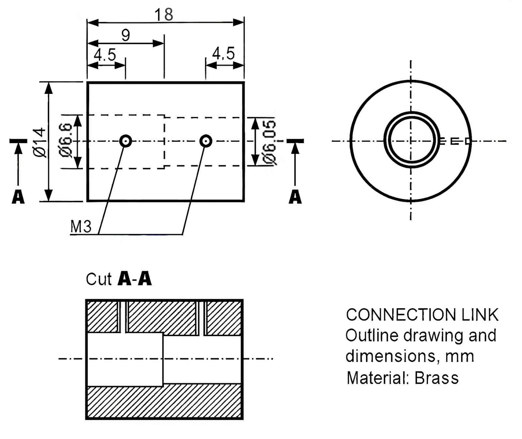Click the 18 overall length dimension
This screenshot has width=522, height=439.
point(164,15)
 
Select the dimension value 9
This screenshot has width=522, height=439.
point(126,35)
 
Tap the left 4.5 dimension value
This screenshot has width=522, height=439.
point(105,55)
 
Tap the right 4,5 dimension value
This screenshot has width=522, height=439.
point(223,53)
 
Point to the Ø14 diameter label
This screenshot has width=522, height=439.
point(40,143)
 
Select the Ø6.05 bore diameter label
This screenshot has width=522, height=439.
point(270,142)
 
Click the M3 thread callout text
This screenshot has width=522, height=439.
point(81,227)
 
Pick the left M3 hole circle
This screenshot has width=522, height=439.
point(126,141)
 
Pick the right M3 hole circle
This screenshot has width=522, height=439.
point(206,141)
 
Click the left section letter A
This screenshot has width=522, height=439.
point(18,197)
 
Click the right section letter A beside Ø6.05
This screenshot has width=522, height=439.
point(295,197)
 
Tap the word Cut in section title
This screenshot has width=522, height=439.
point(99,279)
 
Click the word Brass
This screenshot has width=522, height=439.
point(437,378)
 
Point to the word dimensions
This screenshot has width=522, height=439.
point(391,356)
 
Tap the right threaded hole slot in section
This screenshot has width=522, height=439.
point(201,318)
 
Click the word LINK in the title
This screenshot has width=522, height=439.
point(480,315)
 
